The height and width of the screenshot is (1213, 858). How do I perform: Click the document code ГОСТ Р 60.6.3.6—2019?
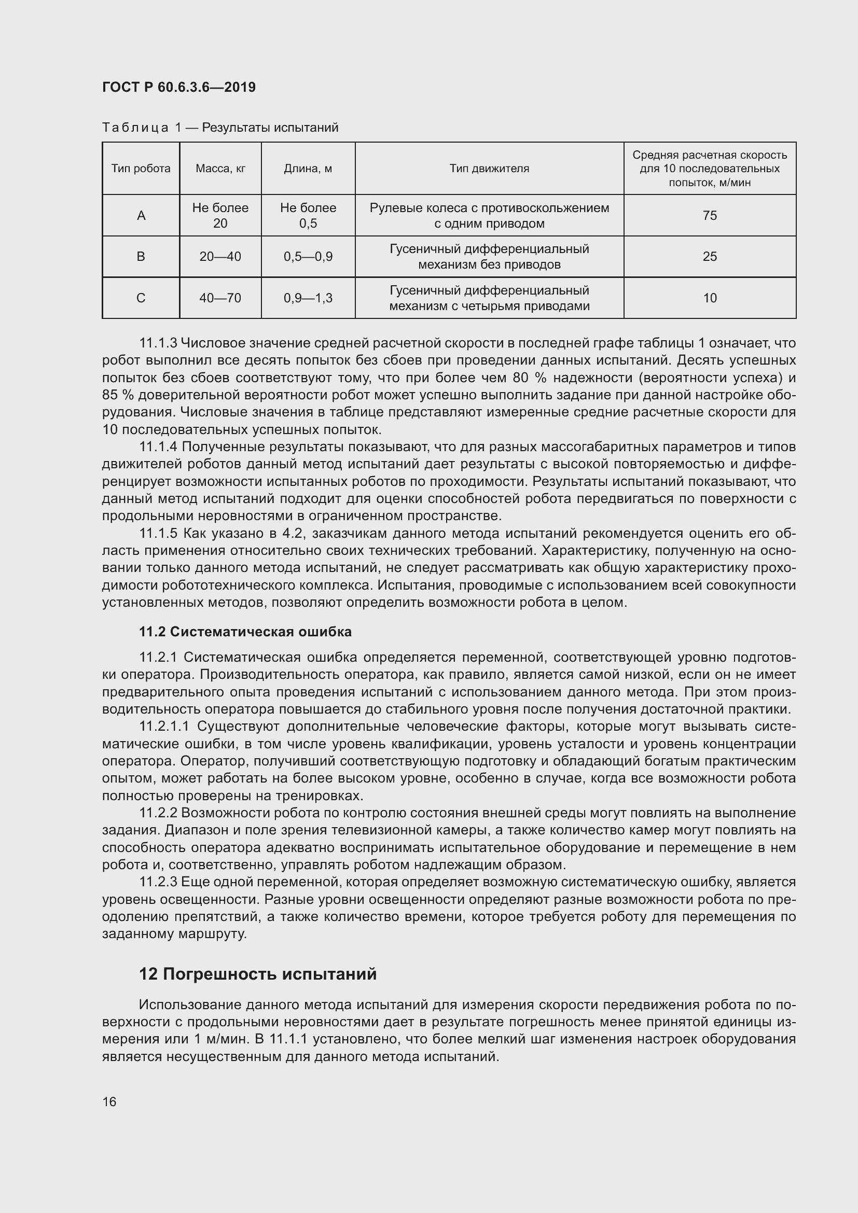[178, 87]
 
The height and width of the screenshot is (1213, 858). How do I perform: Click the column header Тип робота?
[141, 169]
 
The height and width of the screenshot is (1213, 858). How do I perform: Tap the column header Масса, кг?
[220, 169]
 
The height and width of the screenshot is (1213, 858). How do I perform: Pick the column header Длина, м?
[308, 169]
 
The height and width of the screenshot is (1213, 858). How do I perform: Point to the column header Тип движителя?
[489, 169]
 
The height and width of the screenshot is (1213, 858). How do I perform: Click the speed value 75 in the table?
[710, 216]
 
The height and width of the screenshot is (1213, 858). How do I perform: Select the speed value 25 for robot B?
[710, 257]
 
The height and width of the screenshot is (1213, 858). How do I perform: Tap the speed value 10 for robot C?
[710, 298]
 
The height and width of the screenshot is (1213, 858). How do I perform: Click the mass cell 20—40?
[220, 257]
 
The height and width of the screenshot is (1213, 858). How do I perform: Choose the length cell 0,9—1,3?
[308, 298]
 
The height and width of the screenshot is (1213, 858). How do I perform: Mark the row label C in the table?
[141, 298]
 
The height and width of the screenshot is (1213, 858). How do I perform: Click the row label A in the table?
[141, 216]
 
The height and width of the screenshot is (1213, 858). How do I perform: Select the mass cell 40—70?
[220, 298]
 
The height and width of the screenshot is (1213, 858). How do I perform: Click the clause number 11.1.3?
[158, 343]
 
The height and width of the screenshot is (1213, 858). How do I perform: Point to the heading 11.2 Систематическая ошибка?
[245, 632]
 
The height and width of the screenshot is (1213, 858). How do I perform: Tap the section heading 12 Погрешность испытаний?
[258, 974]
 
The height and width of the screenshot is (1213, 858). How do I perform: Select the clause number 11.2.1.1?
[164, 727]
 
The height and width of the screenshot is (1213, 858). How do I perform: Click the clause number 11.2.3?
[158, 882]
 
